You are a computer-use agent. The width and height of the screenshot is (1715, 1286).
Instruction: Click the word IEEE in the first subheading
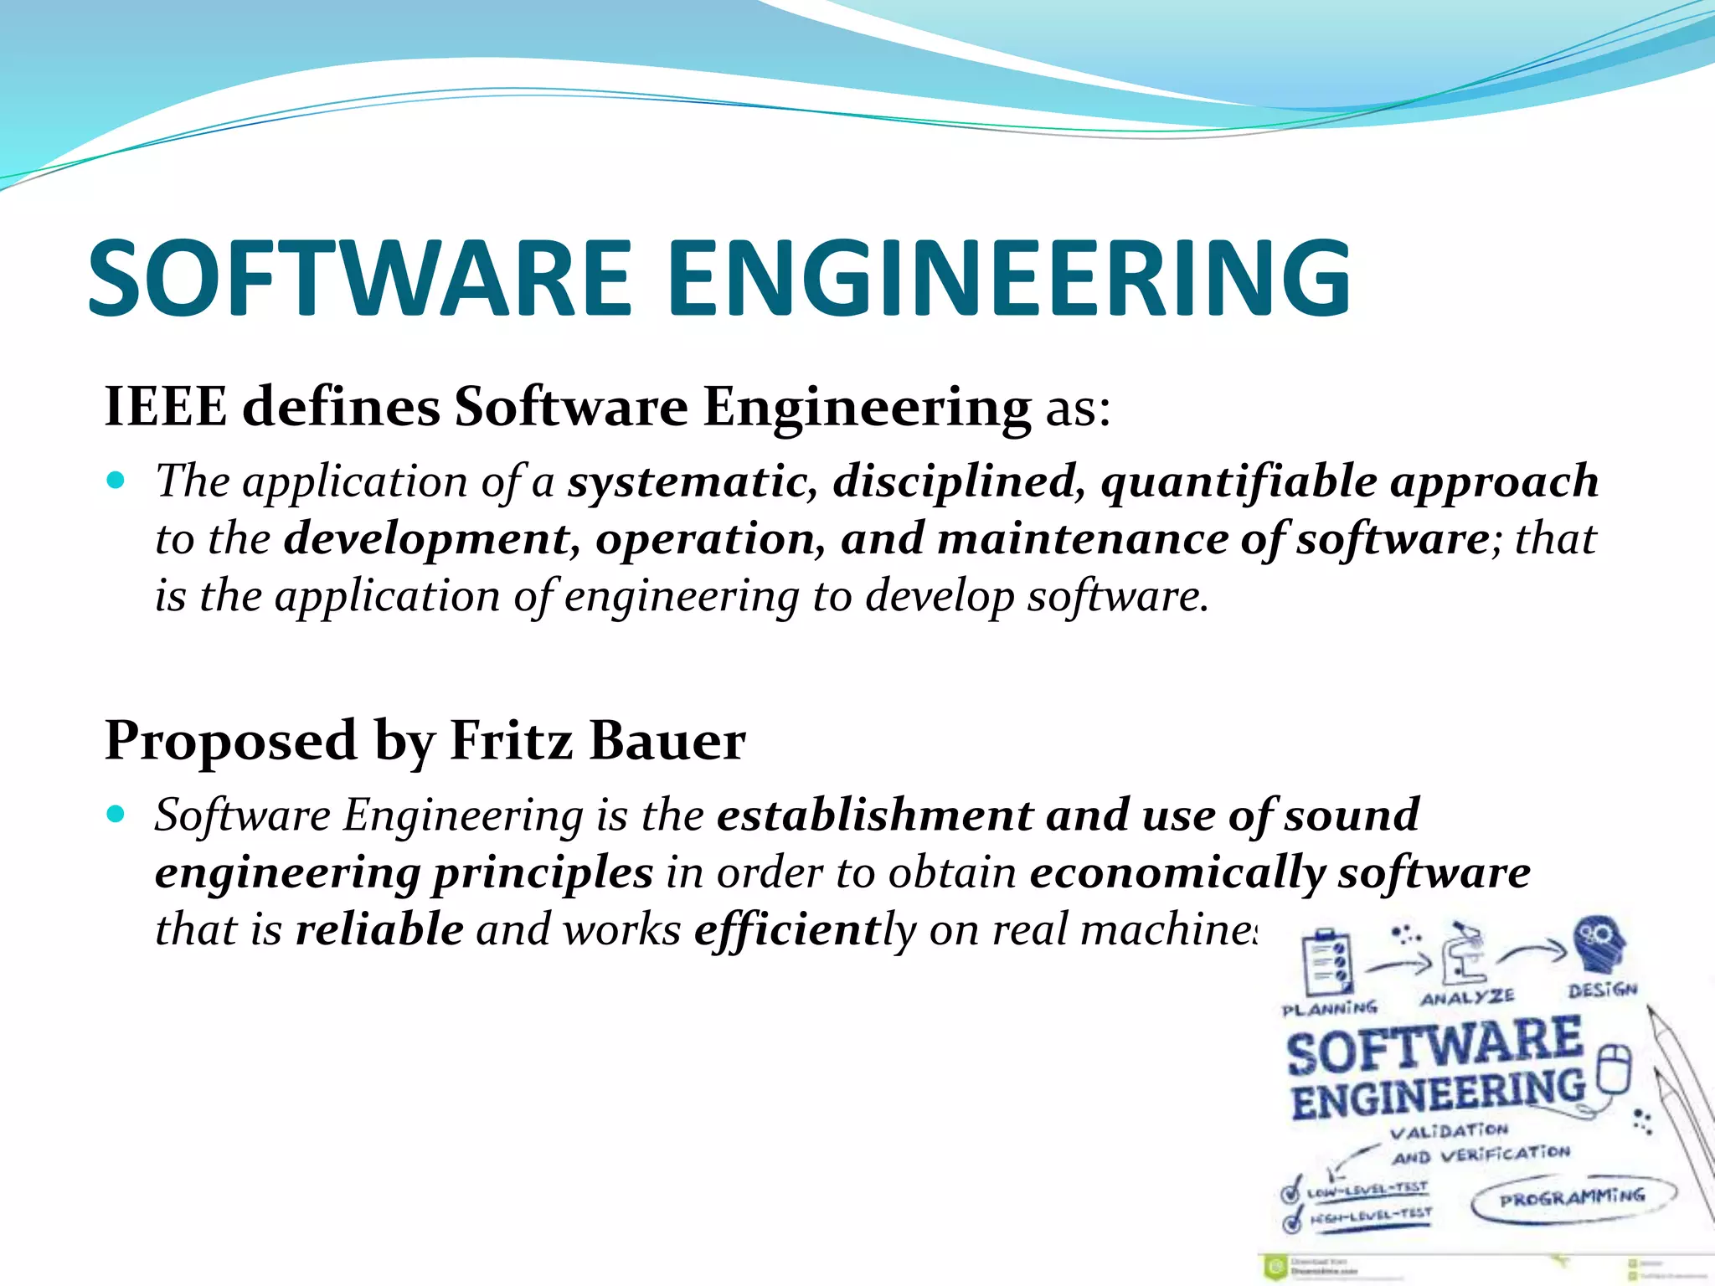pos(165,407)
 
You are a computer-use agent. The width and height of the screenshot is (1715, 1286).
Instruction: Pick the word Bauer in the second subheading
pos(667,741)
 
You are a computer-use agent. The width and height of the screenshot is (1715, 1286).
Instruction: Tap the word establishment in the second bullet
pos(874,815)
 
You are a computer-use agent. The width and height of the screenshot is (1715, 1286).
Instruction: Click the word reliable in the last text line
pos(379,929)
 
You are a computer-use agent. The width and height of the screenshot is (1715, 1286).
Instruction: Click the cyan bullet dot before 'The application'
pos(116,481)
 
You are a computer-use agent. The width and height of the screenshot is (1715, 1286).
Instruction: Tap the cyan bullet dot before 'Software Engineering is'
pos(116,814)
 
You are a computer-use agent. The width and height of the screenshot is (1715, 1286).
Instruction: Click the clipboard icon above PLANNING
pos(1328,963)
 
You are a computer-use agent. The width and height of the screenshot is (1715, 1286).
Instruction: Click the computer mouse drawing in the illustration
pos(1615,1070)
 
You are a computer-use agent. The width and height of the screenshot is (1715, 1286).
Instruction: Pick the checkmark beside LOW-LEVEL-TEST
pos(1292,1190)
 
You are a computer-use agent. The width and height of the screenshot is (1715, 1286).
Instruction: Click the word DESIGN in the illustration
pos(1602,990)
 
